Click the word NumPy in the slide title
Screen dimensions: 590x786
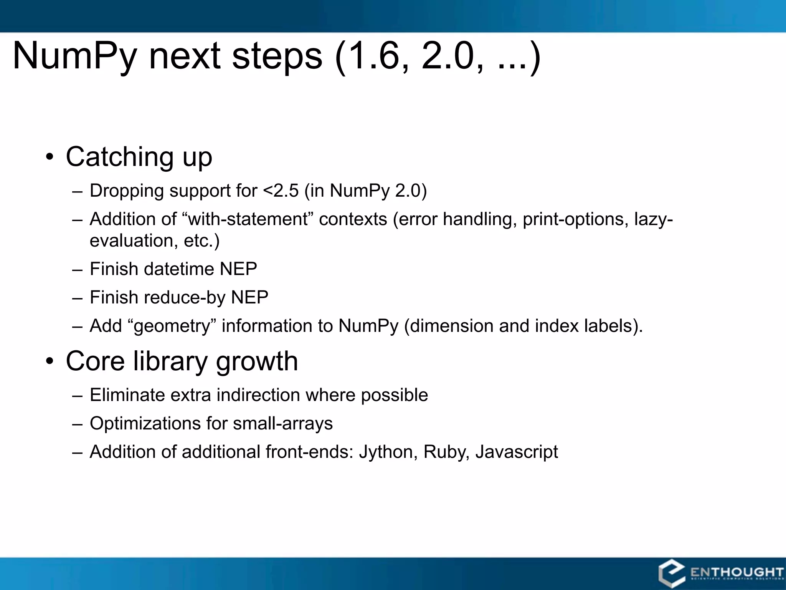tap(74, 56)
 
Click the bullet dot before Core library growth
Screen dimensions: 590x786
tap(50, 361)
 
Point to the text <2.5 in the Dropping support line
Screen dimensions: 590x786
tap(281, 191)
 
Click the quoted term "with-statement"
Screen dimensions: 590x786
tap(248, 219)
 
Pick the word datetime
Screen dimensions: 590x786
tap(178, 269)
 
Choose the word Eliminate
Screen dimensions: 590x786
tap(127, 395)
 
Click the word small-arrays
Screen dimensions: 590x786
tap(282, 423)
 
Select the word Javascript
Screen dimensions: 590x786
tap(517, 452)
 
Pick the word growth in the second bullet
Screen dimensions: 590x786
tap(257, 361)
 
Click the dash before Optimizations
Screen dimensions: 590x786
tap(77, 424)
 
